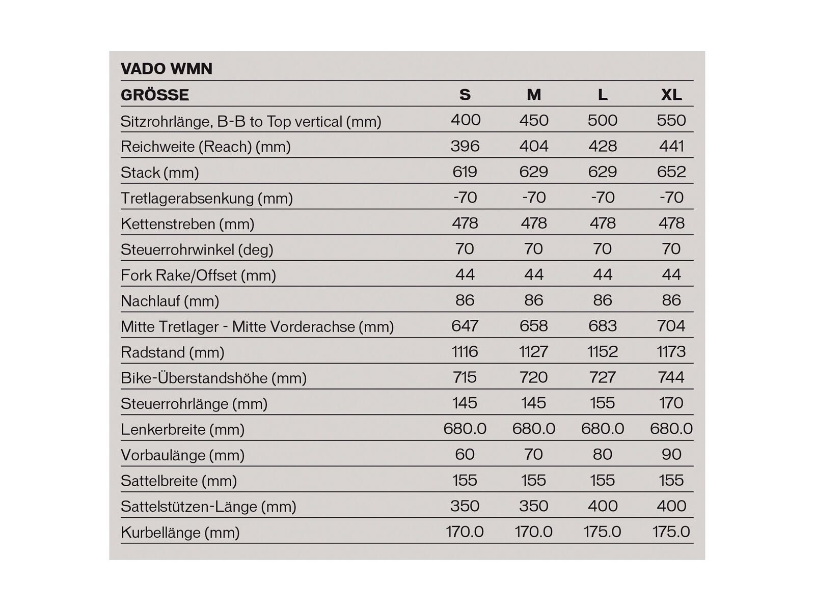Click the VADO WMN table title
(166, 69)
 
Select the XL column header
(671, 95)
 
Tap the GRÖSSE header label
(155, 95)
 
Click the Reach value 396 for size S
(465, 146)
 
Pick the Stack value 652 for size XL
(671, 172)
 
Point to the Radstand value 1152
(602, 351)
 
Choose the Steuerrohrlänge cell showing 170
(671, 403)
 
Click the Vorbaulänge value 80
(602, 454)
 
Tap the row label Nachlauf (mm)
(170, 301)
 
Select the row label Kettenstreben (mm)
(187, 224)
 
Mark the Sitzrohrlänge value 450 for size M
(533, 120)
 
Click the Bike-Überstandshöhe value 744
(671, 377)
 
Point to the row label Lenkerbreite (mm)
(182, 429)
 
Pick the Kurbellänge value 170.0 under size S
(465, 532)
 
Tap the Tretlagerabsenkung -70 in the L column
(602, 198)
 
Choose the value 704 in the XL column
(671, 326)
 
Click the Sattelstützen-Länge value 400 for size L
(602, 506)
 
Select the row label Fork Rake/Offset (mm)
(198, 275)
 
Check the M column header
(533, 95)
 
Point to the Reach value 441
(671, 146)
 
